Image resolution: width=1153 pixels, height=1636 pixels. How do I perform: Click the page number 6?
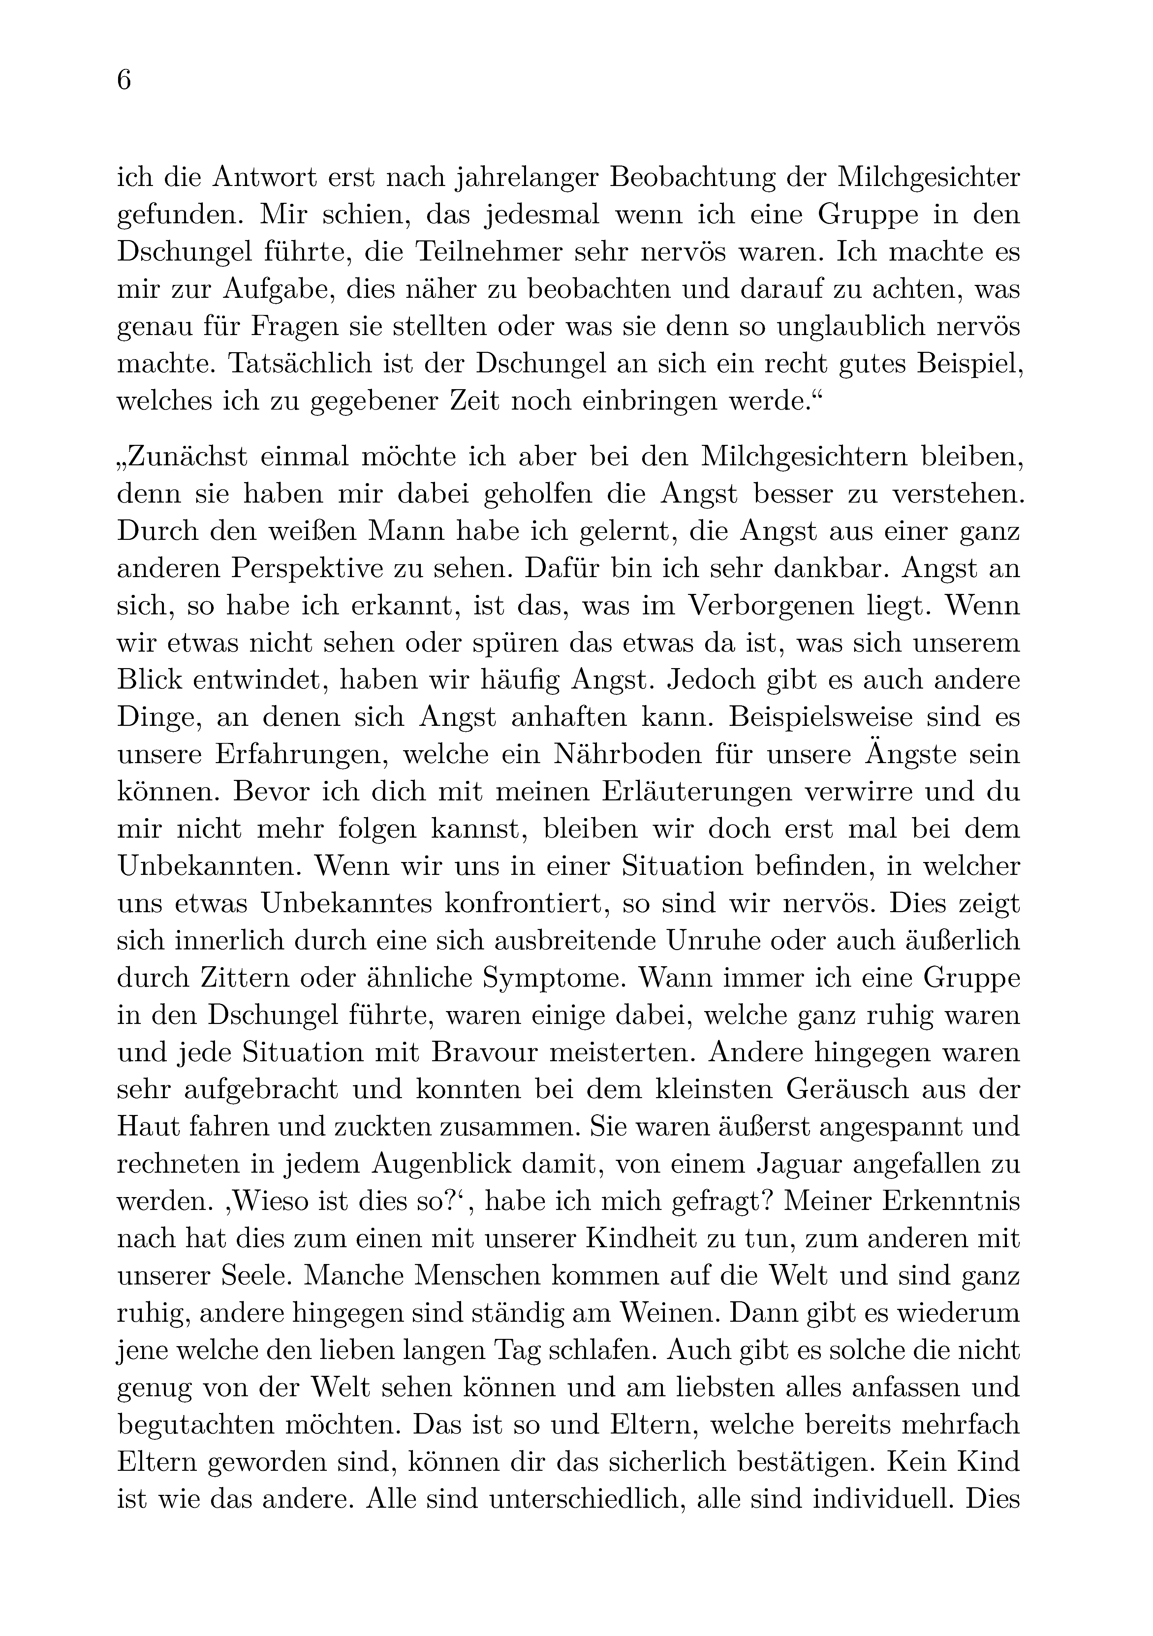124,80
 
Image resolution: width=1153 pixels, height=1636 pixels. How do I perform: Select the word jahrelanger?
527,177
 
